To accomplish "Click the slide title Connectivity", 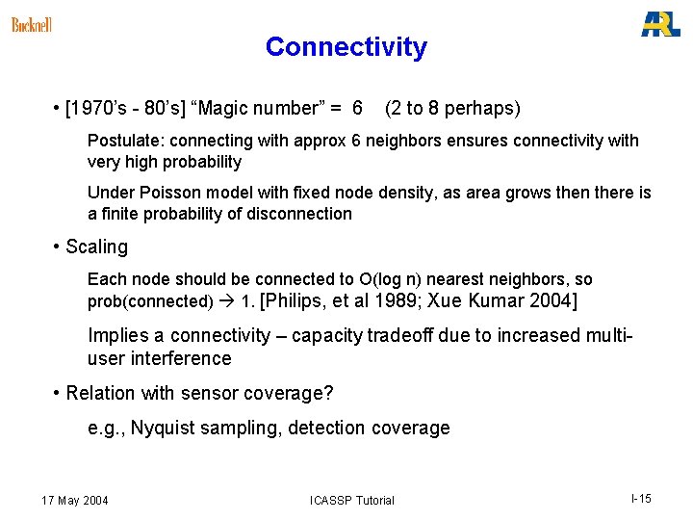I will (346, 47).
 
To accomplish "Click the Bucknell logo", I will (32, 25).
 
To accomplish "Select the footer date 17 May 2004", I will (75, 500).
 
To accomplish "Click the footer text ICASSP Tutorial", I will (351, 500).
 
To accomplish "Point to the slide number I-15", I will (641, 498).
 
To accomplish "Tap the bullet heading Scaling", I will (96, 247).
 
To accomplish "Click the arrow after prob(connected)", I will (227, 301).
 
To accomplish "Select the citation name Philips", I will (296, 301).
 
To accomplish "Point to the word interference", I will (183, 358).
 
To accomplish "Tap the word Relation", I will (101, 393).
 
